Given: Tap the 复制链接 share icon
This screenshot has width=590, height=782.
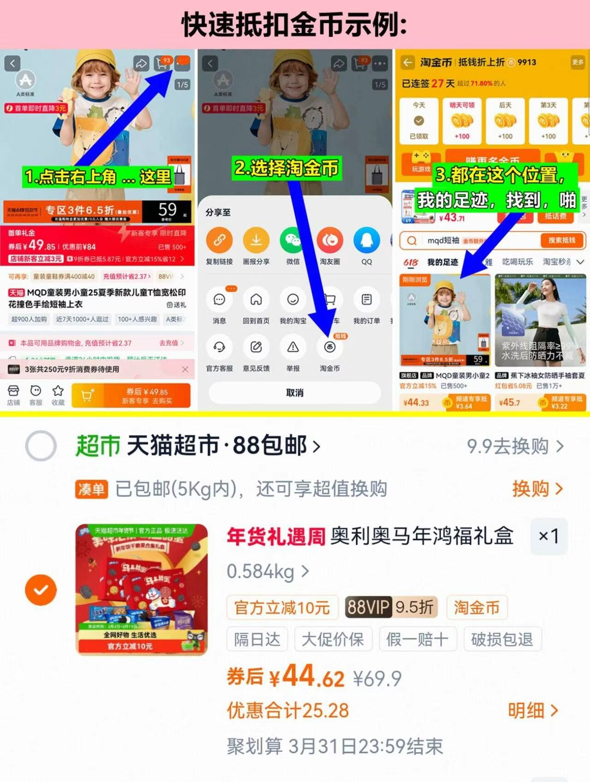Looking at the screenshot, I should pyautogui.click(x=219, y=240).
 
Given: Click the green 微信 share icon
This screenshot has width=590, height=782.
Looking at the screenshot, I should pyautogui.click(x=293, y=240).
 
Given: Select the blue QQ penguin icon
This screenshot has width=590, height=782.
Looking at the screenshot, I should pyautogui.click(x=366, y=240).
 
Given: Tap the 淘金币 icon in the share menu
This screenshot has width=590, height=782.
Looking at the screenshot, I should pyautogui.click(x=330, y=347).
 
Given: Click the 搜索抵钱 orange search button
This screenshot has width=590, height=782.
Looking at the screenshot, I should pyautogui.click(x=561, y=240).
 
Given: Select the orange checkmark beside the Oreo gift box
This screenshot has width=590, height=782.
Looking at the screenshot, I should pyautogui.click(x=41, y=590).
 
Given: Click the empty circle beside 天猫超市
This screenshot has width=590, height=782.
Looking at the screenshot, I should pyautogui.click(x=41, y=446).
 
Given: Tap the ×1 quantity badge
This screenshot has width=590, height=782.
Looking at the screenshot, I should pyautogui.click(x=549, y=536).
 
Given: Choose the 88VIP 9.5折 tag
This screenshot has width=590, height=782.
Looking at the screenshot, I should pyautogui.click(x=390, y=607).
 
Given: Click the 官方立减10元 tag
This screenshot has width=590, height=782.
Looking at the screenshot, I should pyautogui.click(x=282, y=607).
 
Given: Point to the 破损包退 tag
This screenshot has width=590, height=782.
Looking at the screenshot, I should pyautogui.click(x=502, y=639).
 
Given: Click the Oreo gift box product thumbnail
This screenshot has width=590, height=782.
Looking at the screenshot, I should pyautogui.click(x=142, y=589).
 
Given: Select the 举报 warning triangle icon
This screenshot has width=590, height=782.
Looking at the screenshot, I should pyautogui.click(x=293, y=347).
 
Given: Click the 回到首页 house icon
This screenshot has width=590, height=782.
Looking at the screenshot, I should pyautogui.click(x=256, y=300).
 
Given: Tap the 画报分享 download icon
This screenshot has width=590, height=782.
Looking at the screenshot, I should pyautogui.click(x=256, y=240).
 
